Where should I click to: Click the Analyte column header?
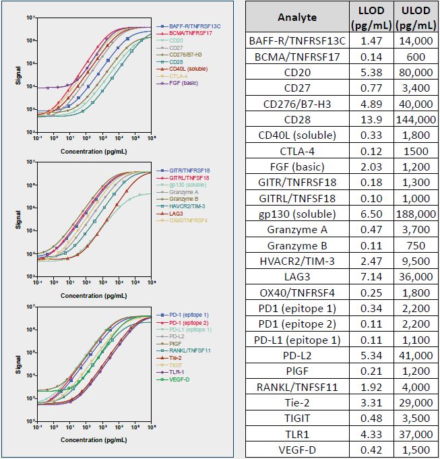point(296,18)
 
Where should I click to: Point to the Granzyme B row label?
point(296,245)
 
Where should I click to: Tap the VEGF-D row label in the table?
point(296,451)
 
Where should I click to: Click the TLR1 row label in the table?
point(296,435)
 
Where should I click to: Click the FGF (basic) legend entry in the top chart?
point(181,84)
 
